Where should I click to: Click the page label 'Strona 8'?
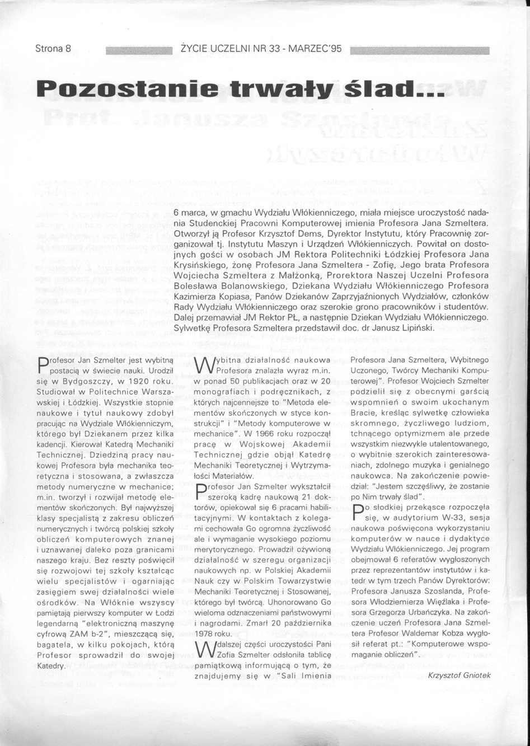click(54, 49)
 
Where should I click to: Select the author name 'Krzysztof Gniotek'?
click(459, 675)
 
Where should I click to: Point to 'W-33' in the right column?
click(444, 520)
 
